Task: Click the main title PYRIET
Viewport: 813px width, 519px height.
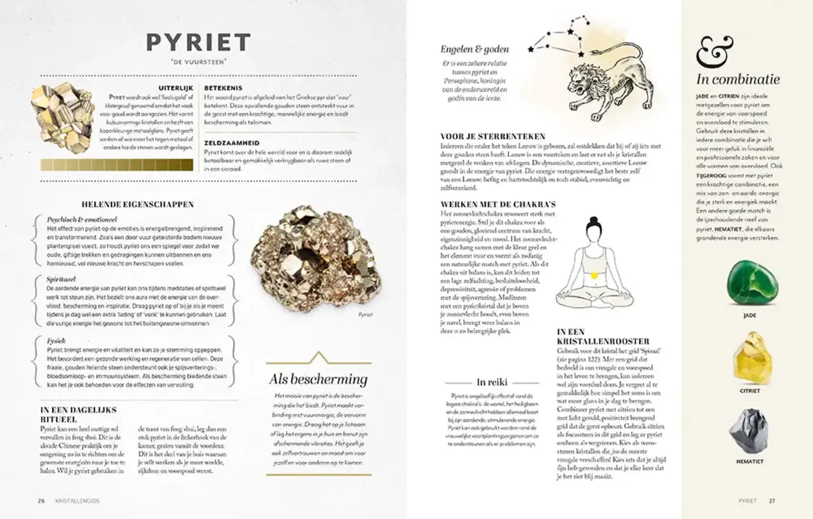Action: coord(198,43)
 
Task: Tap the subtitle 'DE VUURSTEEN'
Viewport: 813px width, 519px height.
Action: coord(198,62)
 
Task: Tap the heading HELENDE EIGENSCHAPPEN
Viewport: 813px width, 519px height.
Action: coord(138,204)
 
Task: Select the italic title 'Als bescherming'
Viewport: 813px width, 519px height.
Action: coord(318,379)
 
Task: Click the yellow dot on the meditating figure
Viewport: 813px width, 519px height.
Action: coord(595,275)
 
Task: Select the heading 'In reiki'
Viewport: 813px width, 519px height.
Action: coord(490,382)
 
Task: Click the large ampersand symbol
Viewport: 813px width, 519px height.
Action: coord(715,53)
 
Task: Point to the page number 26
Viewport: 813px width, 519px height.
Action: coord(41,501)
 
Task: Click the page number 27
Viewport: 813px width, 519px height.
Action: coord(772,501)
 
